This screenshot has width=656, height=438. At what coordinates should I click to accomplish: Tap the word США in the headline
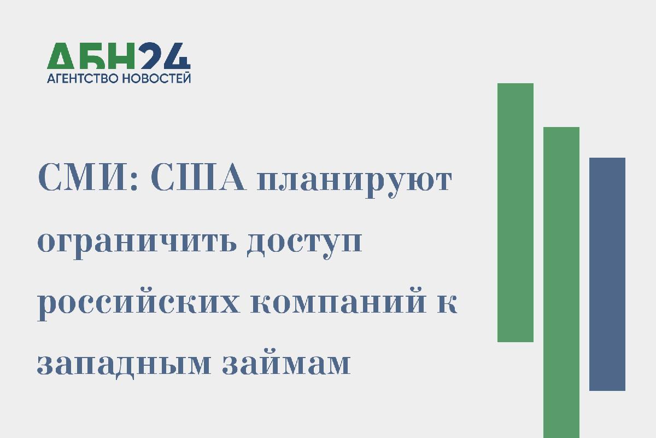pyautogui.click(x=198, y=177)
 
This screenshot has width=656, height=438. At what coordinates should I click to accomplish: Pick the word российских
pyautogui.click(x=138, y=304)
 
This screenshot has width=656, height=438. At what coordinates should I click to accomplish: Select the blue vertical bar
pyautogui.click(x=607, y=274)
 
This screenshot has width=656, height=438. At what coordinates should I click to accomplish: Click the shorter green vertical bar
pyautogui.click(x=516, y=212)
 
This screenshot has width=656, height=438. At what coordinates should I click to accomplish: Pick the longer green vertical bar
pyautogui.click(x=561, y=283)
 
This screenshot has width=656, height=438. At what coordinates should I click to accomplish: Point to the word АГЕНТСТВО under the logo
pyautogui.click(x=83, y=78)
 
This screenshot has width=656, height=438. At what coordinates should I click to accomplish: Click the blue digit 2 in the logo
pyautogui.click(x=150, y=56)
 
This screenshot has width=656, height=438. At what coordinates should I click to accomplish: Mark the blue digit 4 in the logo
pyautogui.click(x=177, y=56)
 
